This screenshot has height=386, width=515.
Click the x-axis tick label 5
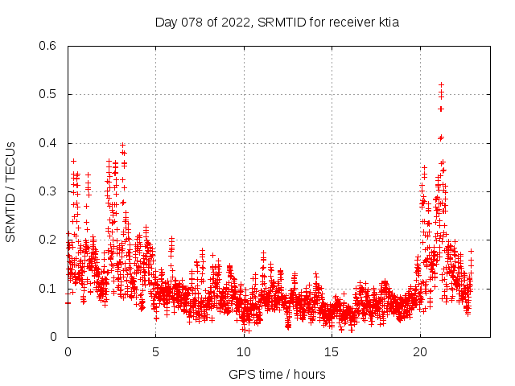coord(155,352)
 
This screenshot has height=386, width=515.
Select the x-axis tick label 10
coord(243,352)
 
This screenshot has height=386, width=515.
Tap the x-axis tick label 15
coord(332,352)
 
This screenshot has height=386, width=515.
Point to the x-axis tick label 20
coord(419,352)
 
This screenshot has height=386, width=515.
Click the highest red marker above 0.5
coord(441,84)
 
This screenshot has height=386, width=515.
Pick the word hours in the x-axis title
coord(308,374)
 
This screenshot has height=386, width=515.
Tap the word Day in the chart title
coord(166,23)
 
